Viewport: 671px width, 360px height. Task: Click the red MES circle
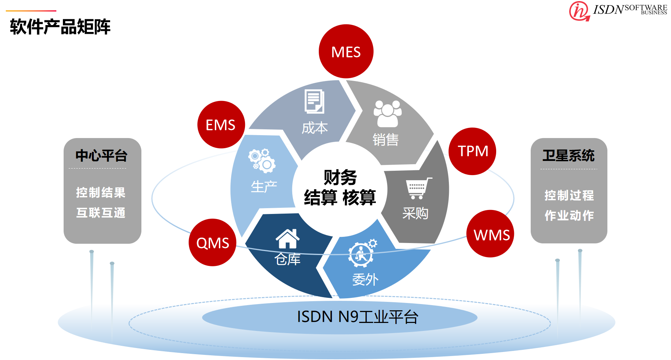click(346, 52)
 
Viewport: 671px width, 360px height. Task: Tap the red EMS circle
click(221, 125)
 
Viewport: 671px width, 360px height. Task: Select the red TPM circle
click(472, 151)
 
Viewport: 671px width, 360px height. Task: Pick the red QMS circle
click(213, 242)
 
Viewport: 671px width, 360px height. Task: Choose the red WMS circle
click(491, 234)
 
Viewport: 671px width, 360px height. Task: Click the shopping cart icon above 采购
click(418, 188)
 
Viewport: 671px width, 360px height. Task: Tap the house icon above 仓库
click(288, 239)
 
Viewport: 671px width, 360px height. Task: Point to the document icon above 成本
click(314, 102)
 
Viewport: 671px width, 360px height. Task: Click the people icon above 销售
click(387, 113)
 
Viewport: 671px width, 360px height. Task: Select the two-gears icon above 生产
click(262, 160)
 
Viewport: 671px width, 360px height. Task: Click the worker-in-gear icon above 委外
click(362, 253)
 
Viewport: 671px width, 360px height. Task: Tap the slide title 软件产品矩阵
click(60, 27)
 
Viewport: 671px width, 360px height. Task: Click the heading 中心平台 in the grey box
click(101, 155)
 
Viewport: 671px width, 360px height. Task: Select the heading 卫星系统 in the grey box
click(568, 155)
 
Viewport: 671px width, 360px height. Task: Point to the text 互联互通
click(101, 213)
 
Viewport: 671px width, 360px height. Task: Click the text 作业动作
click(569, 215)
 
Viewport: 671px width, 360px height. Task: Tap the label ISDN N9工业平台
click(358, 317)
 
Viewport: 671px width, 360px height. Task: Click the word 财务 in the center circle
click(340, 177)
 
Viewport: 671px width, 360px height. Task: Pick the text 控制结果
click(101, 192)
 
